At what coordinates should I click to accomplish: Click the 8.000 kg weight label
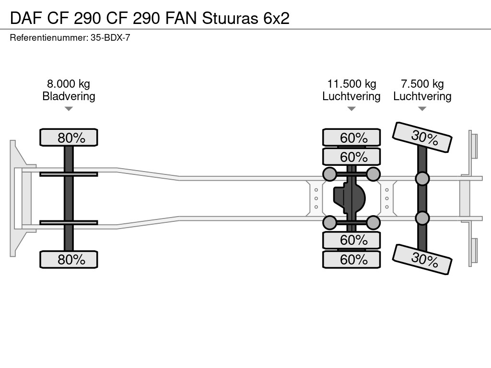click(69, 84)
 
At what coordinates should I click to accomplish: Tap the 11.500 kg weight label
click(351, 84)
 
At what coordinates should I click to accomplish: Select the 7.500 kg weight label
click(422, 84)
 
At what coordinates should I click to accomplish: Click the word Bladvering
click(69, 96)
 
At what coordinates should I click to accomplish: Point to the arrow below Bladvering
click(69, 109)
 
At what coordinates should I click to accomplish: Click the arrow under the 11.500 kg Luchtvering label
click(351, 109)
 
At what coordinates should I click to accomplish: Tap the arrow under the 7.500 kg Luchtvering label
click(422, 109)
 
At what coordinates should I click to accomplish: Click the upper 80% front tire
click(69, 138)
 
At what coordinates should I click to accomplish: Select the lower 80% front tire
click(69, 260)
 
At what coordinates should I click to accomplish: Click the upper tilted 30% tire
click(422, 137)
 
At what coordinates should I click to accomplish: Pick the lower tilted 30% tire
click(422, 259)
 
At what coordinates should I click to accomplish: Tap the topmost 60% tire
click(351, 138)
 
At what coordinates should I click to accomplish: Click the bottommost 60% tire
click(351, 260)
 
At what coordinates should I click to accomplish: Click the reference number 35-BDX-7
click(110, 37)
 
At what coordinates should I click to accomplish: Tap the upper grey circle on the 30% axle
click(422, 179)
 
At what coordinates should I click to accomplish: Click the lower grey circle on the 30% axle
click(422, 218)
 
